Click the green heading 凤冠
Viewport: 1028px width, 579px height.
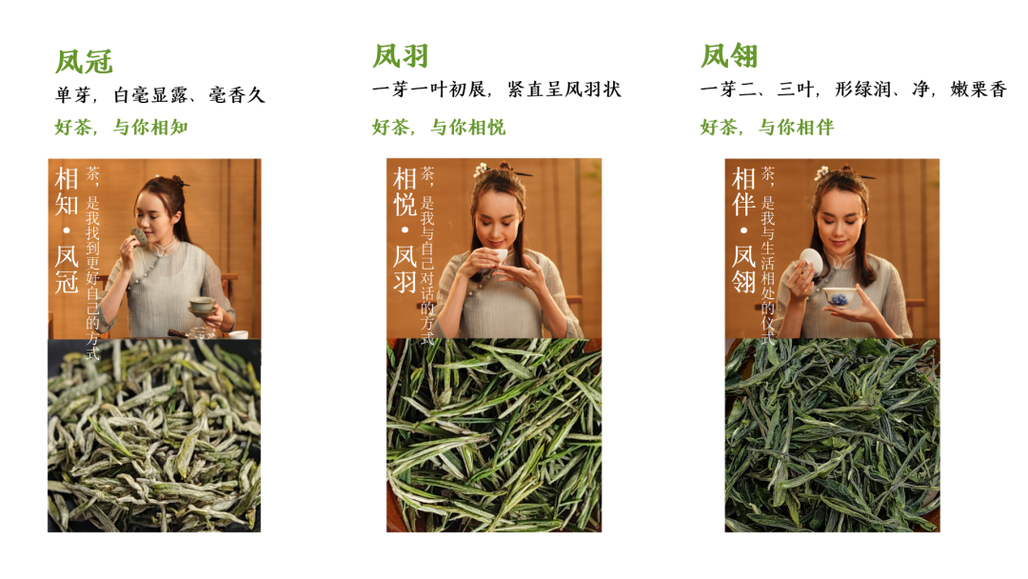coord(84,62)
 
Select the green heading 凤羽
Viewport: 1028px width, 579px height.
coord(401,56)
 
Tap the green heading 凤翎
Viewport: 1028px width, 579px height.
coord(729,56)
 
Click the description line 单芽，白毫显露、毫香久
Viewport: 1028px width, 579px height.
coord(160,95)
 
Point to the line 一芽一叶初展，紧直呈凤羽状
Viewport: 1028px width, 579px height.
coord(496,90)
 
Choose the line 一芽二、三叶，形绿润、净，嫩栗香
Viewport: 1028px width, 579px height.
coord(853,90)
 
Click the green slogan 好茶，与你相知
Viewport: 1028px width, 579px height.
coord(122,127)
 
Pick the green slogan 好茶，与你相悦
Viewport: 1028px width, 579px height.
coord(439,127)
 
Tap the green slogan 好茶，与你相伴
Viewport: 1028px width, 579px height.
coord(767,127)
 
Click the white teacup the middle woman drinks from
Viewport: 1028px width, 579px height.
coord(497,255)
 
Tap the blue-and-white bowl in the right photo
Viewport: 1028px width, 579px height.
coord(838,297)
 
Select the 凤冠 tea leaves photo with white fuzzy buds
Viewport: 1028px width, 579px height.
coord(154,435)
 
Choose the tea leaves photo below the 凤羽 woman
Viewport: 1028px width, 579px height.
coord(493,435)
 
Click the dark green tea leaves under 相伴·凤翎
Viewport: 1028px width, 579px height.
coord(832,435)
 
